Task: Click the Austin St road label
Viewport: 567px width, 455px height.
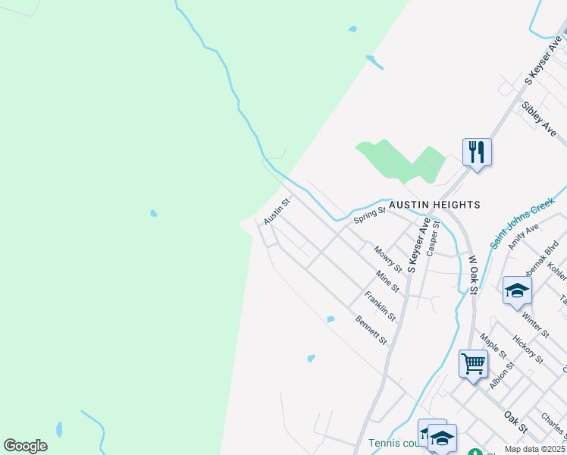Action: point(277,212)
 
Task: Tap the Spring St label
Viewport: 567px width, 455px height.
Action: point(369,215)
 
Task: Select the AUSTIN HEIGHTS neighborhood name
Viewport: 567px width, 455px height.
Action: point(434,205)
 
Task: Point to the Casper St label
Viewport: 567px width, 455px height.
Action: point(432,237)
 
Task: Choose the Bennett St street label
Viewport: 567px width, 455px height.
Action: point(371,330)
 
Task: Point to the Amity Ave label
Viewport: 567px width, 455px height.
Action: point(523,237)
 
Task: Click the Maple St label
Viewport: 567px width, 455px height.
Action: point(493,344)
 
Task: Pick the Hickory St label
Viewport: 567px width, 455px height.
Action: point(528,349)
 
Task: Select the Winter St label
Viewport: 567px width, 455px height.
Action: point(536,324)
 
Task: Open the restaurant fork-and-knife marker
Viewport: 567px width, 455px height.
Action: point(477,152)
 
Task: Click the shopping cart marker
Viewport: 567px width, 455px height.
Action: point(473,364)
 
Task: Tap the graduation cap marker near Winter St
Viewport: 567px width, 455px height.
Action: point(517,290)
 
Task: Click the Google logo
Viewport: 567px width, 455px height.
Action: point(25,446)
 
